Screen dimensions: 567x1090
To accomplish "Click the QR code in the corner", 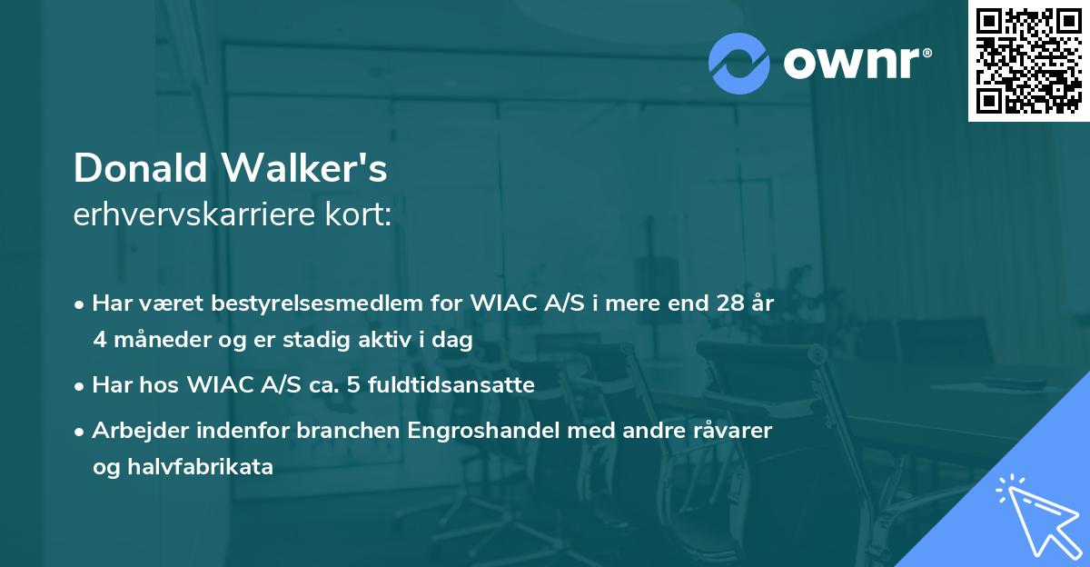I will tap(1028, 61).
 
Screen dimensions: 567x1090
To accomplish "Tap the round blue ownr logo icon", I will tap(739, 63).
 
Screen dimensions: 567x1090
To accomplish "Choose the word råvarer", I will tap(732, 431).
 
